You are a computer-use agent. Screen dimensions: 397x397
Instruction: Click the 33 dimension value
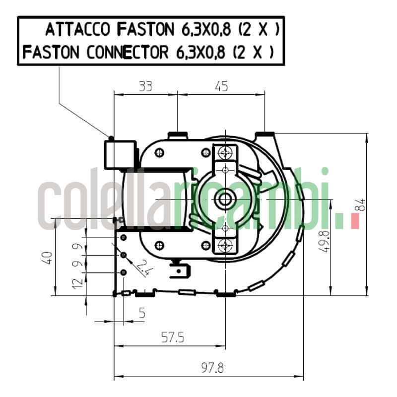[x=145, y=86]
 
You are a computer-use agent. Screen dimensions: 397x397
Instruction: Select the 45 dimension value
[x=221, y=86]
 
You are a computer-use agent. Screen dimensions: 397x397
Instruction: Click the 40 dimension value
[x=47, y=258]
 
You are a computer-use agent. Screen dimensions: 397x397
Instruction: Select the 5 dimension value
[x=142, y=313]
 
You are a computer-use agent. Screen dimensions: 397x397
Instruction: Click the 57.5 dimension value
[x=172, y=338]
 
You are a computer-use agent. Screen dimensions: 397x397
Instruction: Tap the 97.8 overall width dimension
[x=212, y=368]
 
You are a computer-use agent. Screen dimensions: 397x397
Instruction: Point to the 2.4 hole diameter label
[x=143, y=267]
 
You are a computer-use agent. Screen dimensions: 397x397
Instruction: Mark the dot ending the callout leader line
[x=111, y=138]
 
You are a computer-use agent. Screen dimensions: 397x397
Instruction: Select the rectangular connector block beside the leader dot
[x=120, y=155]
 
